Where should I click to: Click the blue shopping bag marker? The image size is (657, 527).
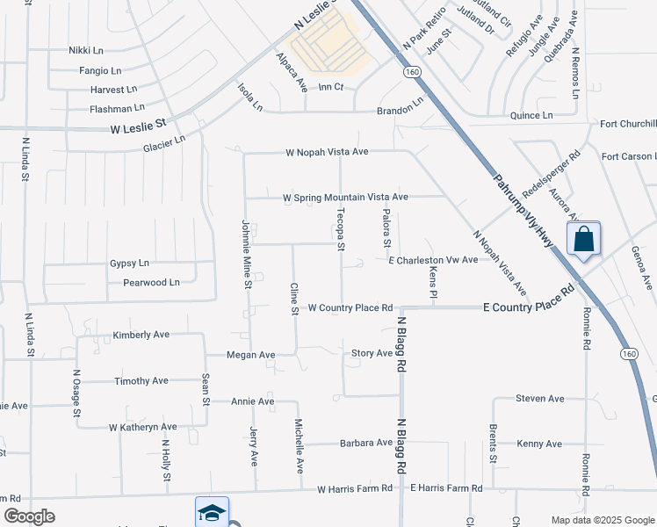pyautogui.click(x=584, y=239)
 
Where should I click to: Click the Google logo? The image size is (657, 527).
pyautogui.click(x=30, y=517)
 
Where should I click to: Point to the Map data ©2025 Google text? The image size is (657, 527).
pyautogui.click(x=602, y=520)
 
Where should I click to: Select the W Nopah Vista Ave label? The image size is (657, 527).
pyautogui.click(x=327, y=152)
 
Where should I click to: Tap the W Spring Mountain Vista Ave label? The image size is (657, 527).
pyautogui.click(x=345, y=198)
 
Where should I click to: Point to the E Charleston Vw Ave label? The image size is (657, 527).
pyautogui.click(x=433, y=260)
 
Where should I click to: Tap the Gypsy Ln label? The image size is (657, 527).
pyautogui.click(x=130, y=263)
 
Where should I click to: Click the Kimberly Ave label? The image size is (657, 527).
pyautogui.click(x=141, y=336)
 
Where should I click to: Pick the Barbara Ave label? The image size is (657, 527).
pyautogui.click(x=366, y=443)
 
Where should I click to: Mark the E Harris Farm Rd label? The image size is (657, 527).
pyautogui.click(x=446, y=487)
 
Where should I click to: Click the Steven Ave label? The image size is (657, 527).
pyautogui.click(x=539, y=399)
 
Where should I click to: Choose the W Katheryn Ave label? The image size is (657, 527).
pyautogui.click(x=143, y=427)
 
